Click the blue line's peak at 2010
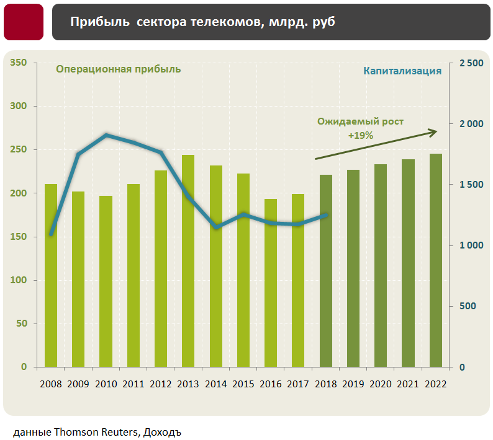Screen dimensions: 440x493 [x=106, y=135]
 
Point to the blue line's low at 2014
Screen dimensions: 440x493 [x=216, y=227]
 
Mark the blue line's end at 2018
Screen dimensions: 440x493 [x=326, y=215]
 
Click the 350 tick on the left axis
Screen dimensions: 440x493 [x=19, y=63]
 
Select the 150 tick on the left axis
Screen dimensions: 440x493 [x=19, y=237]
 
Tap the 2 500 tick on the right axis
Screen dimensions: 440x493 [x=470, y=63]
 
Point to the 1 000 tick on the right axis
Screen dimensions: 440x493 [x=470, y=245]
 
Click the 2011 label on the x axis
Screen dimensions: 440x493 [x=133, y=384]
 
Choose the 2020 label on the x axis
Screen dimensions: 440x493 [x=381, y=384]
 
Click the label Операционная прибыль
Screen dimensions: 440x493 [x=119, y=69]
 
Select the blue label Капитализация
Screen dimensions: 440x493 [x=402, y=71]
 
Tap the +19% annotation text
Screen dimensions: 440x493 [x=361, y=134]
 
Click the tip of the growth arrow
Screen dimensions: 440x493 [x=436, y=131]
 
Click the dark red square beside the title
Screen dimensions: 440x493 [x=24, y=22]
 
